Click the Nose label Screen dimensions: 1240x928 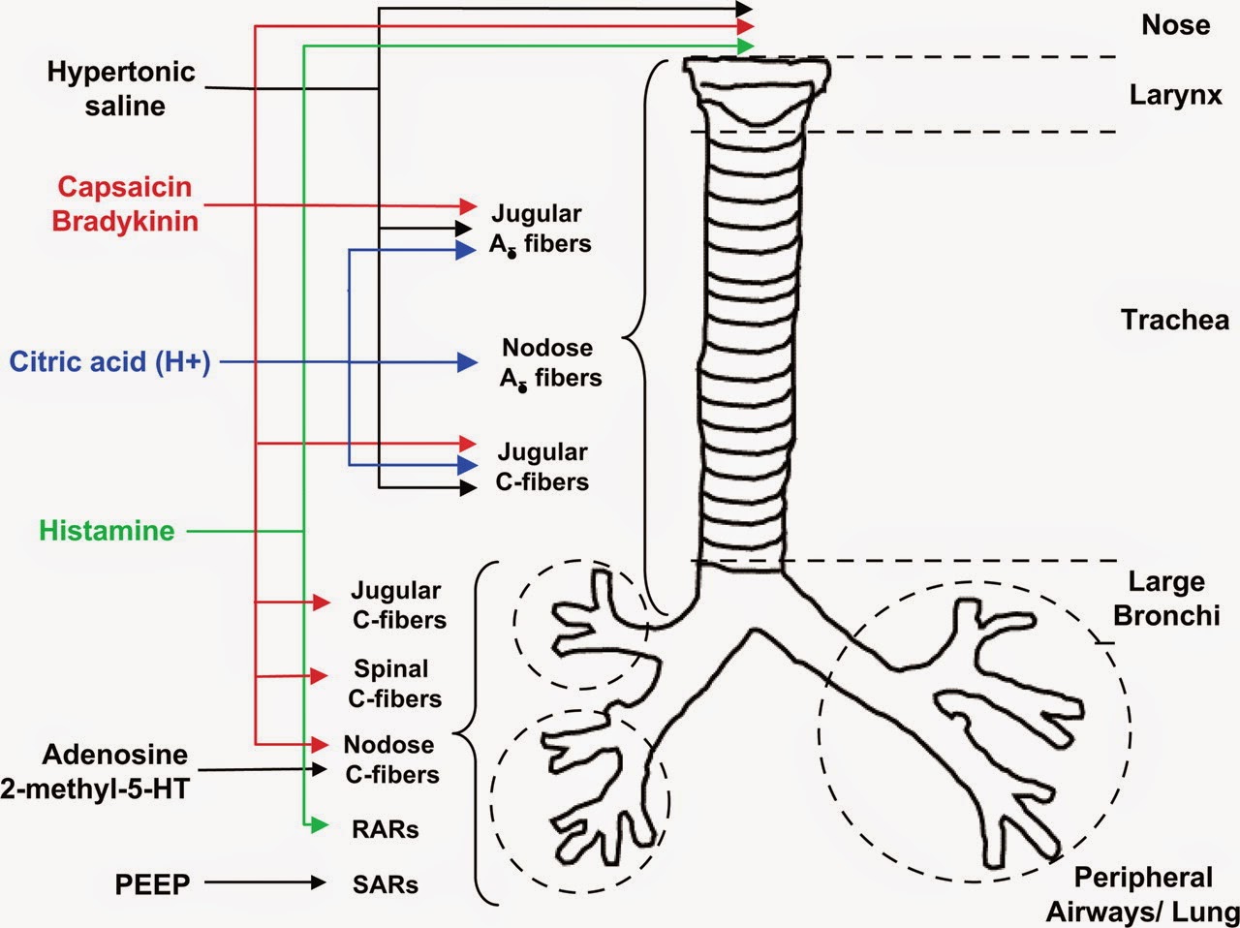[x=1176, y=25]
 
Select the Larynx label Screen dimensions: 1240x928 [x=1176, y=96]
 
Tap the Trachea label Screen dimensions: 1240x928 [x=1175, y=320]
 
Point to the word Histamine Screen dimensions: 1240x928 [x=107, y=531]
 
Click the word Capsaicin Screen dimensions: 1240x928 [x=124, y=187]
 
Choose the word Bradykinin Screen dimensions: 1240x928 [x=125, y=221]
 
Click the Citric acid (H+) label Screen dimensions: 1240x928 [x=109, y=362]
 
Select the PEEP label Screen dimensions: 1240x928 [x=152, y=884]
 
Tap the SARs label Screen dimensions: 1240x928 [x=386, y=884]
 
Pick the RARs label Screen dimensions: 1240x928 [x=386, y=829]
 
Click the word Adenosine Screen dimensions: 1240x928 [x=114, y=755]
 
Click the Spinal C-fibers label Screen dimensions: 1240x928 [x=394, y=684]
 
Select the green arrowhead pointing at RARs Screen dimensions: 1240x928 [x=319, y=825]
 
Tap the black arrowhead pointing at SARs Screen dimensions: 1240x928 [x=319, y=882]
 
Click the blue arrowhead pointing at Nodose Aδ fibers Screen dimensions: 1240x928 [x=467, y=362]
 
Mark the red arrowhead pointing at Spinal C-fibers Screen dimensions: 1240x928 [x=319, y=675]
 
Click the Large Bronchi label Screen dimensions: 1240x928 [x=1166, y=599]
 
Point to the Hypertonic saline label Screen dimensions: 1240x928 [x=121, y=89]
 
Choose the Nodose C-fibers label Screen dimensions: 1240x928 [x=392, y=759]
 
